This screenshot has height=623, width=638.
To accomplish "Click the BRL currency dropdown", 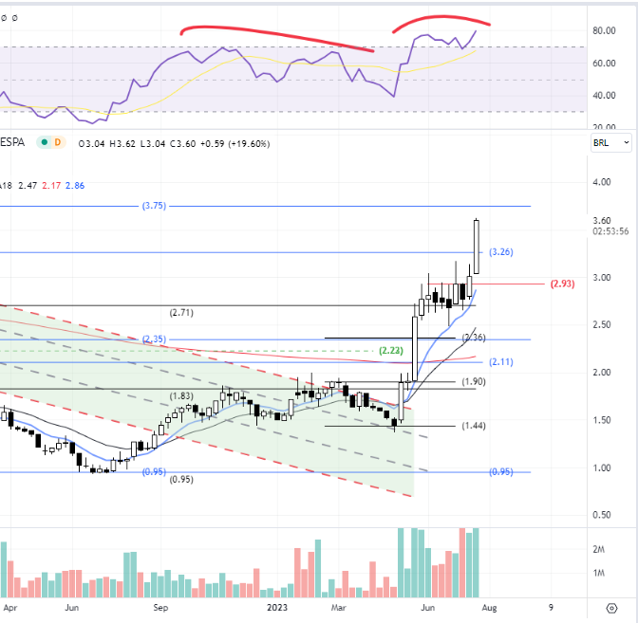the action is (x=611, y=142).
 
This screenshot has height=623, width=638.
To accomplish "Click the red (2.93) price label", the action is (x=562, y=284).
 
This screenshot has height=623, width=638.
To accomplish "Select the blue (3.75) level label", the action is (x=154, y=206).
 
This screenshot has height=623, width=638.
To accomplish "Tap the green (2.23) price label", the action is (x=390, y=350).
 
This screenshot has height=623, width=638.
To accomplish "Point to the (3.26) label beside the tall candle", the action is (x=501, y=252).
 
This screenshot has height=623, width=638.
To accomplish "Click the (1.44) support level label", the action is (x=474, y=426).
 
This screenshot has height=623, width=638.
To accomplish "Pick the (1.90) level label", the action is (x=474, y=381).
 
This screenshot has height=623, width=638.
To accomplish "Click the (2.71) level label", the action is (x=181, y=313).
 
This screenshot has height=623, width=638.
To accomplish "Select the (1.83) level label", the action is (x=181, y=395).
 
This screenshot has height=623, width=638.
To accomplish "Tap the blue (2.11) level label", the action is (x=501, y=361).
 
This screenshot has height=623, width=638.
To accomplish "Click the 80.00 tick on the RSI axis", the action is (x=604, y=30).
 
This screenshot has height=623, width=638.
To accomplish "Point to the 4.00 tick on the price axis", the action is (x=602, y=182).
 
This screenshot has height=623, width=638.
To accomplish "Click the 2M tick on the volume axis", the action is (x=598, y=549).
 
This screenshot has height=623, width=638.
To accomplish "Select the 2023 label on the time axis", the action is (x=277, y=608).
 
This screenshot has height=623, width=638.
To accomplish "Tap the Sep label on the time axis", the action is (x=160, y=608).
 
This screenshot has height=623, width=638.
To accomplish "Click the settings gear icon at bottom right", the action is (x=611, y=608).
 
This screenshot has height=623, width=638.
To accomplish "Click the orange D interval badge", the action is (x=58, y=142).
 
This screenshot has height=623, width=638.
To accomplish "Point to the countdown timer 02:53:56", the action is (x=610, y=231).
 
